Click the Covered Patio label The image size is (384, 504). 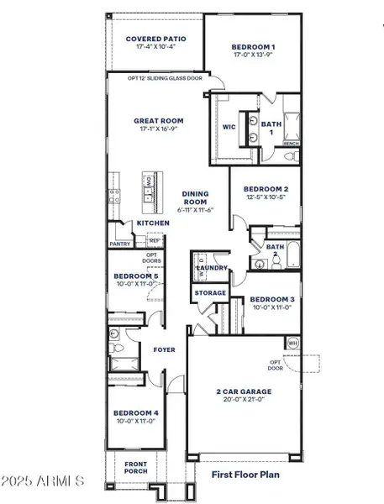pyautogui.click(x=155, y=39)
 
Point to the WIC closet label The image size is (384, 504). pyautogui.click(x=228, y=128)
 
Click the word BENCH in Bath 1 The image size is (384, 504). pyautogui.click(x=291, y=144)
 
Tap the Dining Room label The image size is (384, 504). pyautogui.click(x=195, y=198)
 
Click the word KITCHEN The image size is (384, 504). pyautogui.click(x=154, y=223)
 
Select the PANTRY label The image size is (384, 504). pyautogui.click(x=119, y=244)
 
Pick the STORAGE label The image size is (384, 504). pyautogui.click(x=210, y=293)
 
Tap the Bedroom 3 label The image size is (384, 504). pyautogui.click(x=271, y=299)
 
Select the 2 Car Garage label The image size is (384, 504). pyautogui.click(x=244, y=391)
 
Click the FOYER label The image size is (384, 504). pyautogui.click(x=163, y=349)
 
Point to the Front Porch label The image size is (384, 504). pyautogui.click(x=130, y=467)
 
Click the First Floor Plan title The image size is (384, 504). pyautogui.click(x=245, y=475)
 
